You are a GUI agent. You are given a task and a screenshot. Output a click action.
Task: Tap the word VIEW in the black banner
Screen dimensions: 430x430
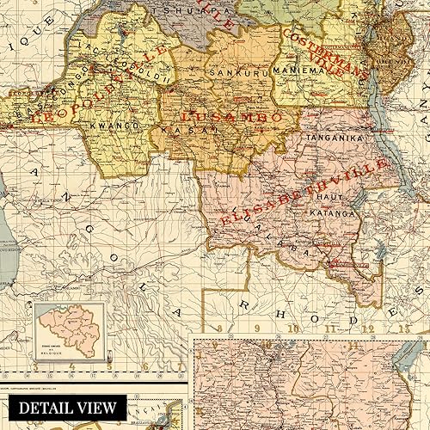click(x=96, y=407)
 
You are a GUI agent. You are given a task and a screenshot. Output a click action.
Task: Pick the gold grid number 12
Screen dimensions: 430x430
click(x=370, y=327)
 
